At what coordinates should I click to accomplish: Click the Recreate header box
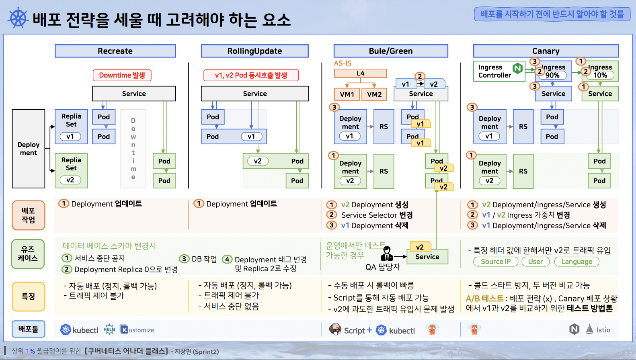click(x=115, y=51)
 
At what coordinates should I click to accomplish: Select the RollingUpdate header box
click(x=254, y=51)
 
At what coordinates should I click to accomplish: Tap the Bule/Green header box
click(x=390, y=51)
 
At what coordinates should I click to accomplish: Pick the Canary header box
click(x=546, y=51)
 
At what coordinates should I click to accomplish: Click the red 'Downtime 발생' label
click(x=122, y=75)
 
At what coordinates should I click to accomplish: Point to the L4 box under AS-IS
click(x=360, y=73)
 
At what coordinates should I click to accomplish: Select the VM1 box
click(x=347, y=94)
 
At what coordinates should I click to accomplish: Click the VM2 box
click(x=374, y=94)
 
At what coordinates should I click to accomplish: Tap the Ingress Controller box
click(x=499, y=71)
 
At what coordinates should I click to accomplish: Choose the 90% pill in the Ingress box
click(x=552, y=75)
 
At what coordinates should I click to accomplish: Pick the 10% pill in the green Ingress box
click(x=600, y=75)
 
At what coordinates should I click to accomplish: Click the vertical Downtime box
click(x=133, y=149)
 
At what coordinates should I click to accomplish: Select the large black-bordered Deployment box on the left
click(x=29, y=149)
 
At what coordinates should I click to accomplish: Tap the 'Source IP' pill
click(x=495, y=262)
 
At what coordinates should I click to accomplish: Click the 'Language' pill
click(x=577, y=262)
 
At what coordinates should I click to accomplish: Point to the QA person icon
click(x=387, y=254)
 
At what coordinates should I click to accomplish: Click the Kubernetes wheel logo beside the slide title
click(x=18, y=18)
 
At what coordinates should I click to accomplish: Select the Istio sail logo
click(x=589, y=329)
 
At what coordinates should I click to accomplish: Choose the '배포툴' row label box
click(x=29, y=329)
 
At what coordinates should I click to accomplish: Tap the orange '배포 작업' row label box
click(x=29, y=215)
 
